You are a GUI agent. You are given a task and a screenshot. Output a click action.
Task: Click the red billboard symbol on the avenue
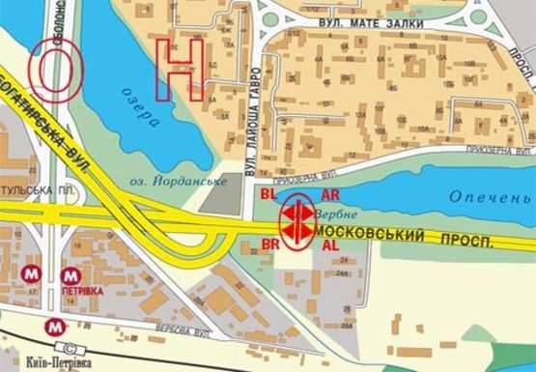tap(297, 221)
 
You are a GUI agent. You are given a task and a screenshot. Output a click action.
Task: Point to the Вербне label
tap(329, 212)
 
